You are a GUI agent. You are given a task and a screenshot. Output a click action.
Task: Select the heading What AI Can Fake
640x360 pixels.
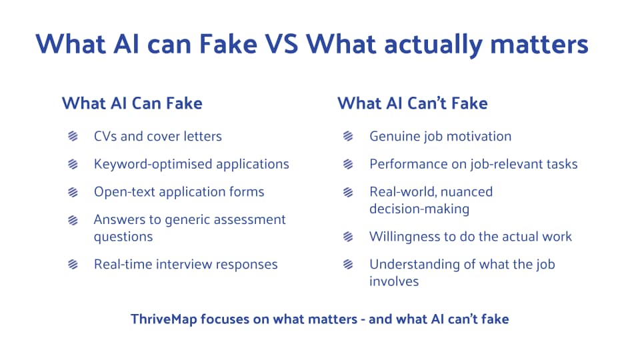[132, 103]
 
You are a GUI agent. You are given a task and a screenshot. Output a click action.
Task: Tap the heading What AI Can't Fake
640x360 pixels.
[412, 103]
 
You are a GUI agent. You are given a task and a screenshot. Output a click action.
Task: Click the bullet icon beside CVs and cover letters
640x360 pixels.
[73, 137]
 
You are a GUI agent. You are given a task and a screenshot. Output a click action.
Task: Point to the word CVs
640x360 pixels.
[105, 137]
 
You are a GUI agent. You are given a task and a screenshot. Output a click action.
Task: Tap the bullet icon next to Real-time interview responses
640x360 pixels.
[73, 264]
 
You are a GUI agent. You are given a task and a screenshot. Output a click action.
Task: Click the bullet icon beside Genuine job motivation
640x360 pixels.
[348, 137]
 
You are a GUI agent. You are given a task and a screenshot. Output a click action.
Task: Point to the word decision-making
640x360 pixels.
[419, 209]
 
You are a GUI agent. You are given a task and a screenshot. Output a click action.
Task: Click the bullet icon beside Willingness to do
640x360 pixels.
[348, 237]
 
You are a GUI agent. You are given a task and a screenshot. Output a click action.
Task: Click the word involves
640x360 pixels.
[394, 281]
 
